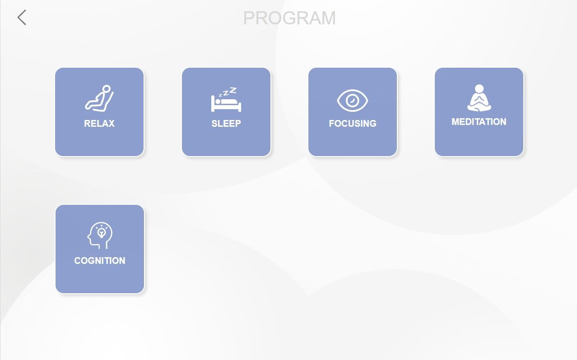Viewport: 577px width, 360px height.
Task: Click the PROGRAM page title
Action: point(289,18)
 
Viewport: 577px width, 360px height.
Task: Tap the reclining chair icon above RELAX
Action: point(99,98)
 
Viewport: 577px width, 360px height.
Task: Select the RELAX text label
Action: point(99,124)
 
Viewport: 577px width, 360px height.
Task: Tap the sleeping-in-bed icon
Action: point(226,100)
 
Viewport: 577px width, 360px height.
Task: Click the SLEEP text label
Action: point(226,124)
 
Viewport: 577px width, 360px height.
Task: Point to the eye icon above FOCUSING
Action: point(352,101)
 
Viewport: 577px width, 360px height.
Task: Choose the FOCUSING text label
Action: point(352,124)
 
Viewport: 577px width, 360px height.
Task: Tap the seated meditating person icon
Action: point(479,98)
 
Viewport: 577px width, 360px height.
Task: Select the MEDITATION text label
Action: point(479,122)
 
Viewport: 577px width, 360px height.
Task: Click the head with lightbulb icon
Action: point(100,235)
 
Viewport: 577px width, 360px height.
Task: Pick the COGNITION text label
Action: point(100,261)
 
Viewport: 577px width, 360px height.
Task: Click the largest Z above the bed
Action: point(233,90)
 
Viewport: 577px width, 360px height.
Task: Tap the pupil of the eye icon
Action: point(352,100)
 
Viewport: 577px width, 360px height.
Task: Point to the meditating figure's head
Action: point(479,88)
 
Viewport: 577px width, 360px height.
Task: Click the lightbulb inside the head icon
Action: point(102,233)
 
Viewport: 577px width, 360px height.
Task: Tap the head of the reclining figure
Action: point(107,89)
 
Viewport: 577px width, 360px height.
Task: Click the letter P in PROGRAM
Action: point(248,18)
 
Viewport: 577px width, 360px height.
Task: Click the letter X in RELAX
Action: point(111,124)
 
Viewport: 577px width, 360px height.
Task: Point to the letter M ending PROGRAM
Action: point(329,18)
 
